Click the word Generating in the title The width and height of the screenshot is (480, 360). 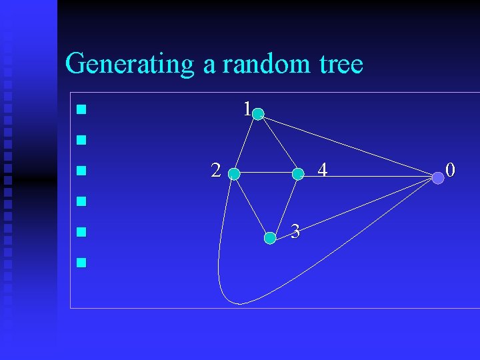130,65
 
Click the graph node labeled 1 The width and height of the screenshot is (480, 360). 258,115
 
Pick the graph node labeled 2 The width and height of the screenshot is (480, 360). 233,175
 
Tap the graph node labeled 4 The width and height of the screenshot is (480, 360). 298,174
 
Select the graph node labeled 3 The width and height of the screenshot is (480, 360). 270,237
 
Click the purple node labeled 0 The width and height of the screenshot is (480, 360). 437,177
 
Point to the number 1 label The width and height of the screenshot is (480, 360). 247,109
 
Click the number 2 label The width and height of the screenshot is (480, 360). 215,171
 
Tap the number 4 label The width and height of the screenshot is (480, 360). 322,171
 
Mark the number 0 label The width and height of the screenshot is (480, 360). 451,170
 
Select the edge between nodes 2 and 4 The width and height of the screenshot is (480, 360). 265,175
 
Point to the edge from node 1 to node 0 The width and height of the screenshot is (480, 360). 347,145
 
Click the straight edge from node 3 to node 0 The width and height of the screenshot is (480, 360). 353,207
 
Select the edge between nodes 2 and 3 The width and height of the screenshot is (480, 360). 251,205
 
